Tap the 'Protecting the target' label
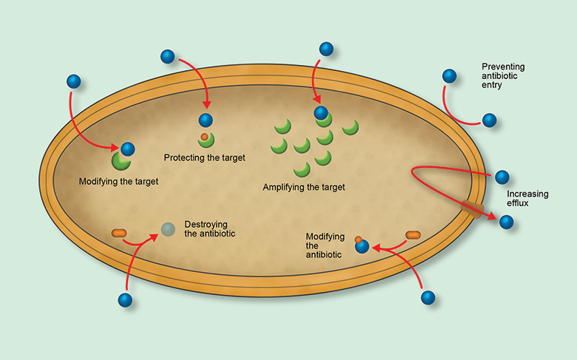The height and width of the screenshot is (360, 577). coord(204,157)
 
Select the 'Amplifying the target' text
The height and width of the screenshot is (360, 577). coord(303,187)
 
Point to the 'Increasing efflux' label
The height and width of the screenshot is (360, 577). coord(527,199)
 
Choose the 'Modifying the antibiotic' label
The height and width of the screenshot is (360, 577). coord(325,245)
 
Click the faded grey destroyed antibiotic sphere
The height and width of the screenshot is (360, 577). coord(168,230)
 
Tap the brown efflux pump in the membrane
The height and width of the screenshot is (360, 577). coord(472,208)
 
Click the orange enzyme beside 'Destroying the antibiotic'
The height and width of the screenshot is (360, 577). coord(120,234)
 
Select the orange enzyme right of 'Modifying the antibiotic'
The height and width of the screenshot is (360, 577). coord(413,235)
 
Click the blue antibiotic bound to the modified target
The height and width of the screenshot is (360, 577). coord(127,149)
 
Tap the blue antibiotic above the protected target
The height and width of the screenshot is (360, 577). coord(205,120)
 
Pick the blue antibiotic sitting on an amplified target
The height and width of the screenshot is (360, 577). coord(320,112)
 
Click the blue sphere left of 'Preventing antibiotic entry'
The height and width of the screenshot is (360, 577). coord(449,75)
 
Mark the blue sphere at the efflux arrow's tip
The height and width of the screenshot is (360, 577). coord(506,222)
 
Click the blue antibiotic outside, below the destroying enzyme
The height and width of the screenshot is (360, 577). coord(125,299)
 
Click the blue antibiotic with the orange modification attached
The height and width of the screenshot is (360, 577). coord(362,247)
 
